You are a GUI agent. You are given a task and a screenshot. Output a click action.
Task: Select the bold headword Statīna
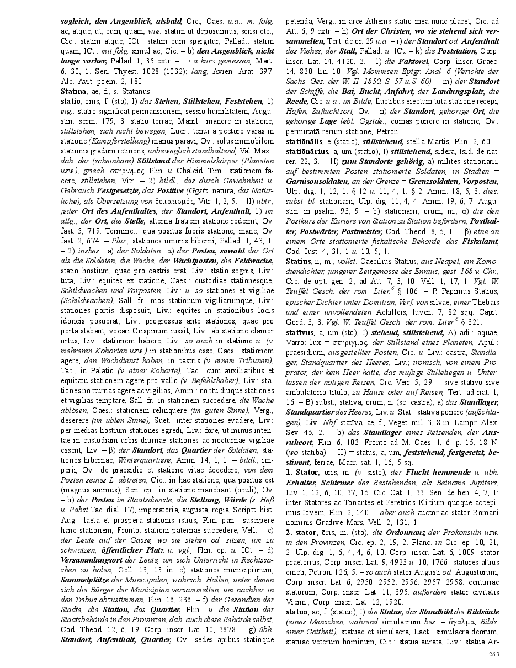coord(73,91)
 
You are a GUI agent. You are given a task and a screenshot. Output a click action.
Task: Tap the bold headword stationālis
coord(305,142)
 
